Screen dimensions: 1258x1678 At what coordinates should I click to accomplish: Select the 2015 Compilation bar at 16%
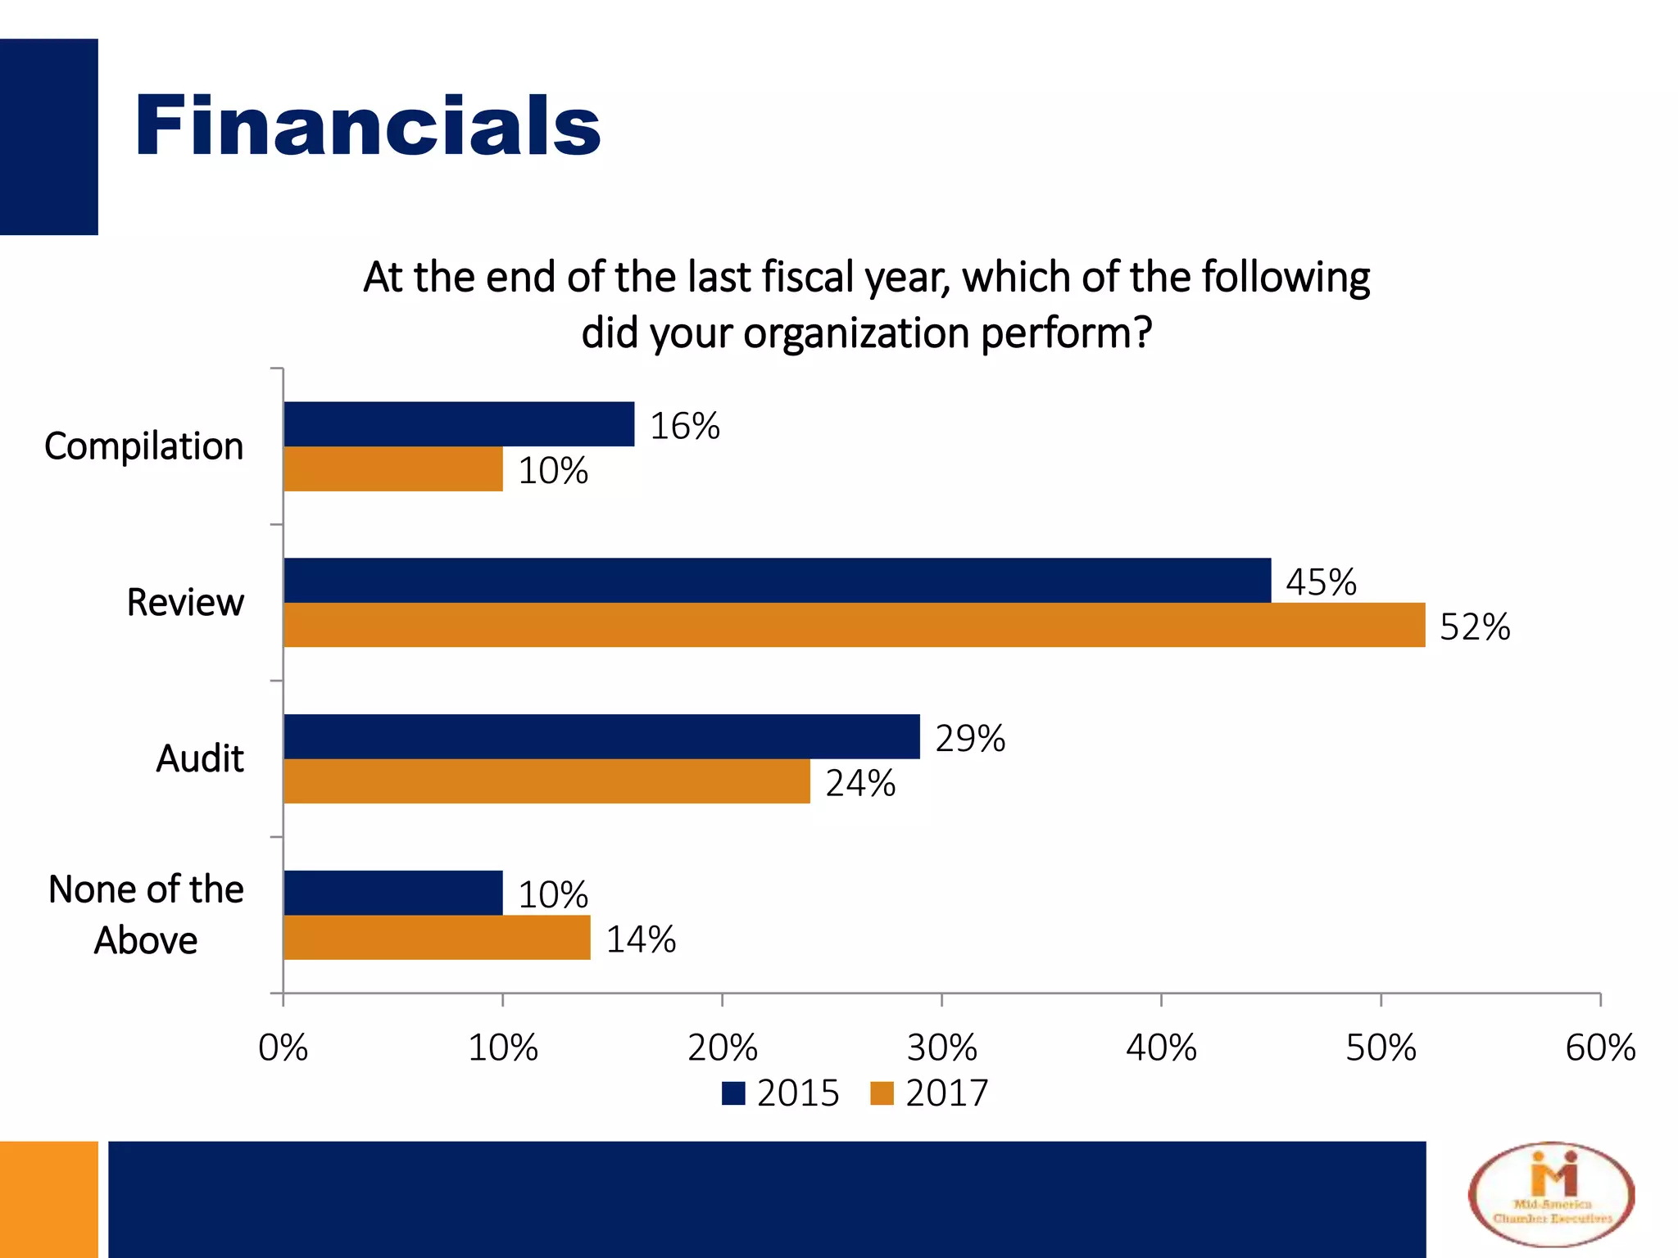coord(459,423)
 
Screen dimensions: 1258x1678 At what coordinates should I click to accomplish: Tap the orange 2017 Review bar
coord(854,625)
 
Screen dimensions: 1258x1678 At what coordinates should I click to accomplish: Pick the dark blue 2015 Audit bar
coord(601,736)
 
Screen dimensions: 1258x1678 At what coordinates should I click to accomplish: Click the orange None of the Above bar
coord(437,937)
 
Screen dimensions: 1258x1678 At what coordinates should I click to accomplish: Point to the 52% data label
coord(1474,627)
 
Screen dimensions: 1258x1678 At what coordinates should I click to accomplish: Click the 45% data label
coord(1320,582)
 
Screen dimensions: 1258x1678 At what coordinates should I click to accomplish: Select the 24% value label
coord(859,784)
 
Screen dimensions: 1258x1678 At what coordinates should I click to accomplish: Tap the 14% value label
coord(640,939)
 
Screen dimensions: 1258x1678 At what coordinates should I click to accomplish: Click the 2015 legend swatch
coord(733,1093)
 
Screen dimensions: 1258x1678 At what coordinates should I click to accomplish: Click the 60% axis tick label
coord(1599,1048)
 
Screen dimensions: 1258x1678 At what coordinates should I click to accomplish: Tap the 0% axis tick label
coord(283,1048)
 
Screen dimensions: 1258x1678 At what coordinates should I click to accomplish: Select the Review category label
coord(185,603)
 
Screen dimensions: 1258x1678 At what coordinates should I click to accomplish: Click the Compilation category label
coord(144,446)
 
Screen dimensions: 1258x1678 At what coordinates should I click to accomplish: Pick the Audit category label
coord(200,758)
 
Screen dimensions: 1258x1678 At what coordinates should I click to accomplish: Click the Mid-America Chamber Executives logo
coord(1551,1195)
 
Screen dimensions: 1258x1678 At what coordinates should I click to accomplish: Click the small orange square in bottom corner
coord(48,1199)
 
